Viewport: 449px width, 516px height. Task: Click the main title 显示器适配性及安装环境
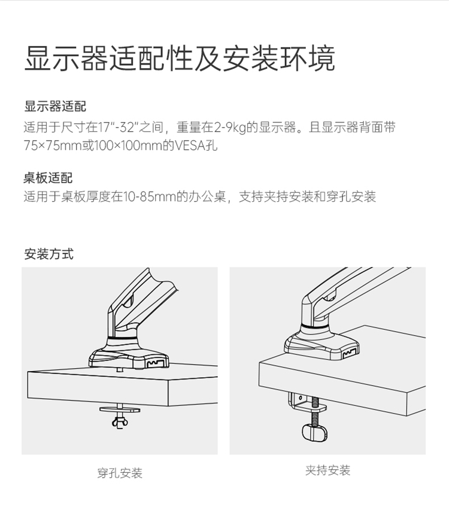180,59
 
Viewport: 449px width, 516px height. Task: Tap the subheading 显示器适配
55,107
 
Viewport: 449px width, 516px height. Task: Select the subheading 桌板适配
48,178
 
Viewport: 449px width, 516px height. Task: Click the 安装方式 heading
48,254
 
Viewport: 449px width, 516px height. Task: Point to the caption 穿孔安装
120,473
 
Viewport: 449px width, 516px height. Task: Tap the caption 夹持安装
327,471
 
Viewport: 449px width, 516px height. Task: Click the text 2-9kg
230,128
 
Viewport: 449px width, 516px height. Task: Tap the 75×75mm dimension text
53,145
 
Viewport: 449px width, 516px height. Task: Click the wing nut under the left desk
120,422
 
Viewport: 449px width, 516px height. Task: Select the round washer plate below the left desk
120,409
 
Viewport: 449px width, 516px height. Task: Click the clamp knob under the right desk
315,432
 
